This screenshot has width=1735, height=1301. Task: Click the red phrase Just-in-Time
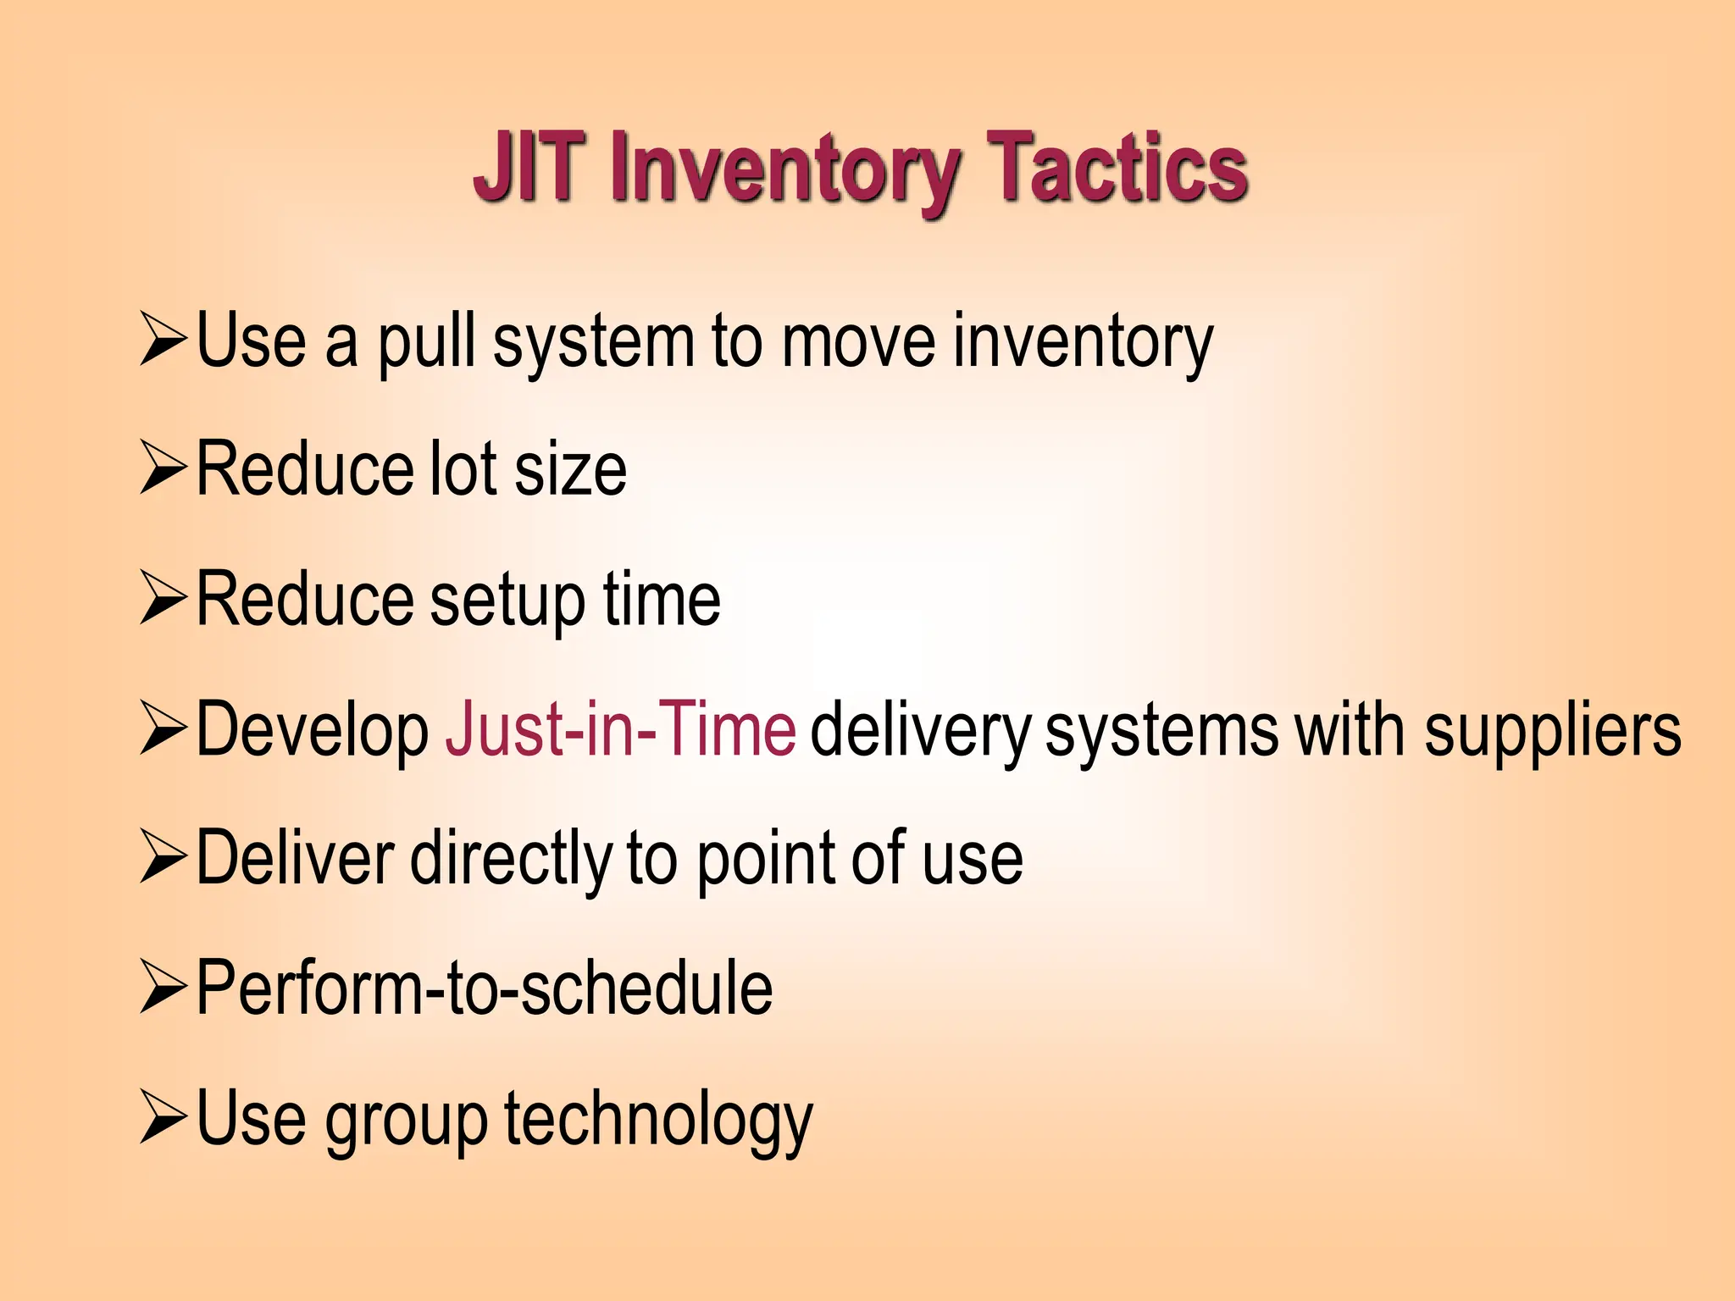click(x=620, y=729)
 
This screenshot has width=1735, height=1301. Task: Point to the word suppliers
click(x=1552, y=731)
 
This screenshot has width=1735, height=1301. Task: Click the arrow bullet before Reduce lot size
click(x=163, y=468)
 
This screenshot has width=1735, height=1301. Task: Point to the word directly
click(x=511, y=859)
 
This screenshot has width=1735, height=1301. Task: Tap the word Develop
click(x=313, y=729)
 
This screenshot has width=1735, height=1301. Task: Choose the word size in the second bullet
click(x=570, y=470)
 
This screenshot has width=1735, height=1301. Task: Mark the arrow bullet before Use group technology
click(x=163, y=1117)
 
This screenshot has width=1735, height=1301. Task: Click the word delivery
click(x=920, y=731)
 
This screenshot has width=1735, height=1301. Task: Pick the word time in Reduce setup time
click(x=662, y=600)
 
